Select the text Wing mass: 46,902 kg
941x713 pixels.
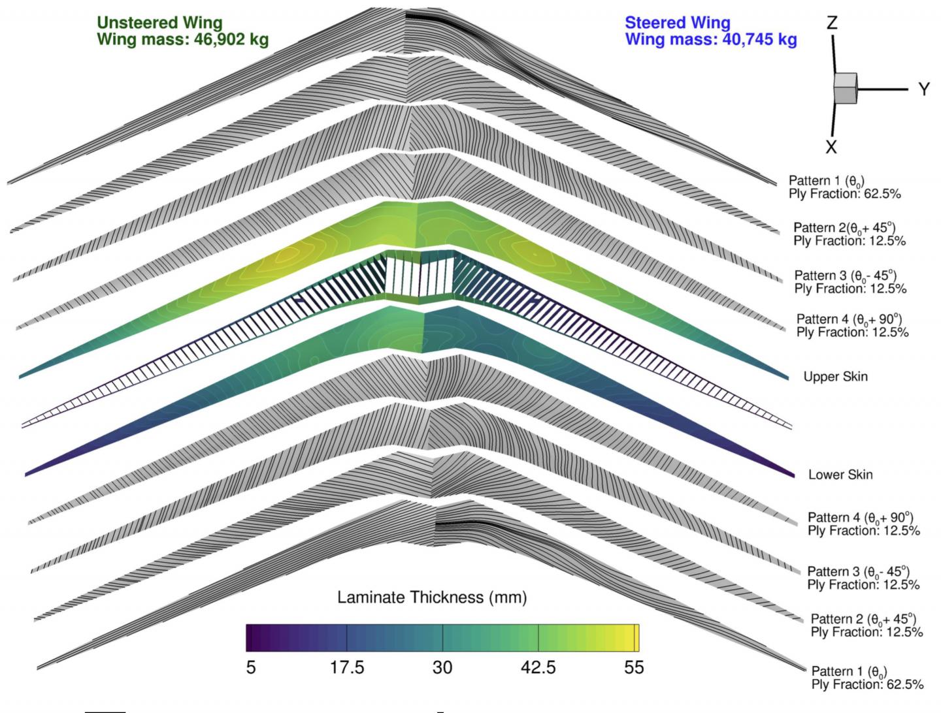182,39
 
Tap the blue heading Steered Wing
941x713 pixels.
677,23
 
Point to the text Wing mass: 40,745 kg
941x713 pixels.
711,39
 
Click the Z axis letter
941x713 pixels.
831,24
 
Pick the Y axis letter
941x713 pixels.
923,89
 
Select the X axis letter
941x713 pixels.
831,146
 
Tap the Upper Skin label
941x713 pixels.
835,377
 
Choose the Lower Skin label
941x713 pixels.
840,475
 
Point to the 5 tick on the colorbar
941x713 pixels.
251,668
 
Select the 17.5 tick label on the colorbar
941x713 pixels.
347,668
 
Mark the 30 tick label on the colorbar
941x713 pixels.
442,668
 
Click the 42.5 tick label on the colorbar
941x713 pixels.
538,668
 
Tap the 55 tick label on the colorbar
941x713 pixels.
633,668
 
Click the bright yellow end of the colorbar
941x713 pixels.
635,638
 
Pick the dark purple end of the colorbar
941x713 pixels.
250,638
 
